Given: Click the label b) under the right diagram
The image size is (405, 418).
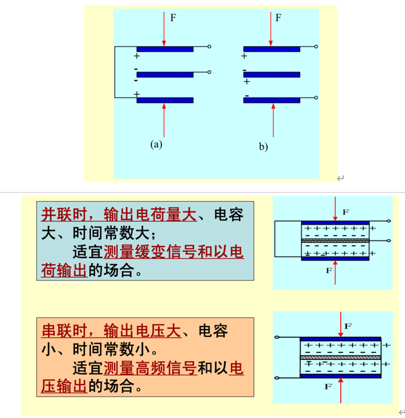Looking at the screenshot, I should (x=263, y=146).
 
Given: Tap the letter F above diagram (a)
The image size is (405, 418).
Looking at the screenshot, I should (x=173, y=18).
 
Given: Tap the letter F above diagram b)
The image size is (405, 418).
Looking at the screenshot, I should (x=278, y=18).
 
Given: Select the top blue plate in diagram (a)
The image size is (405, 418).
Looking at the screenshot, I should (x=164, y=48).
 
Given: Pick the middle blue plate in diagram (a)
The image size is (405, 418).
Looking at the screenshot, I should (x=164, y=74).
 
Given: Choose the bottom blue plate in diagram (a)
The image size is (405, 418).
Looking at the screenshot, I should (x=164, y=100).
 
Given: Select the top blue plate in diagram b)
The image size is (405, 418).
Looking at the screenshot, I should (x=272, y=48).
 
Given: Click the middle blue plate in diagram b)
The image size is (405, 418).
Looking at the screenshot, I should (x=272, y=75).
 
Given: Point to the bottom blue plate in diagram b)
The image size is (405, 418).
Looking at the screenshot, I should (x=272, y=100).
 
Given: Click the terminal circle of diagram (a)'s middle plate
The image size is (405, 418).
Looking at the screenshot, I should (x=209, y=73).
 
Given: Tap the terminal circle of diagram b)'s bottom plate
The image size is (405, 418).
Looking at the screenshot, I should (x=316, y=99).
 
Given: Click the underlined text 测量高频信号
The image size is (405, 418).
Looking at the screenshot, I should (x=150, y=368).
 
